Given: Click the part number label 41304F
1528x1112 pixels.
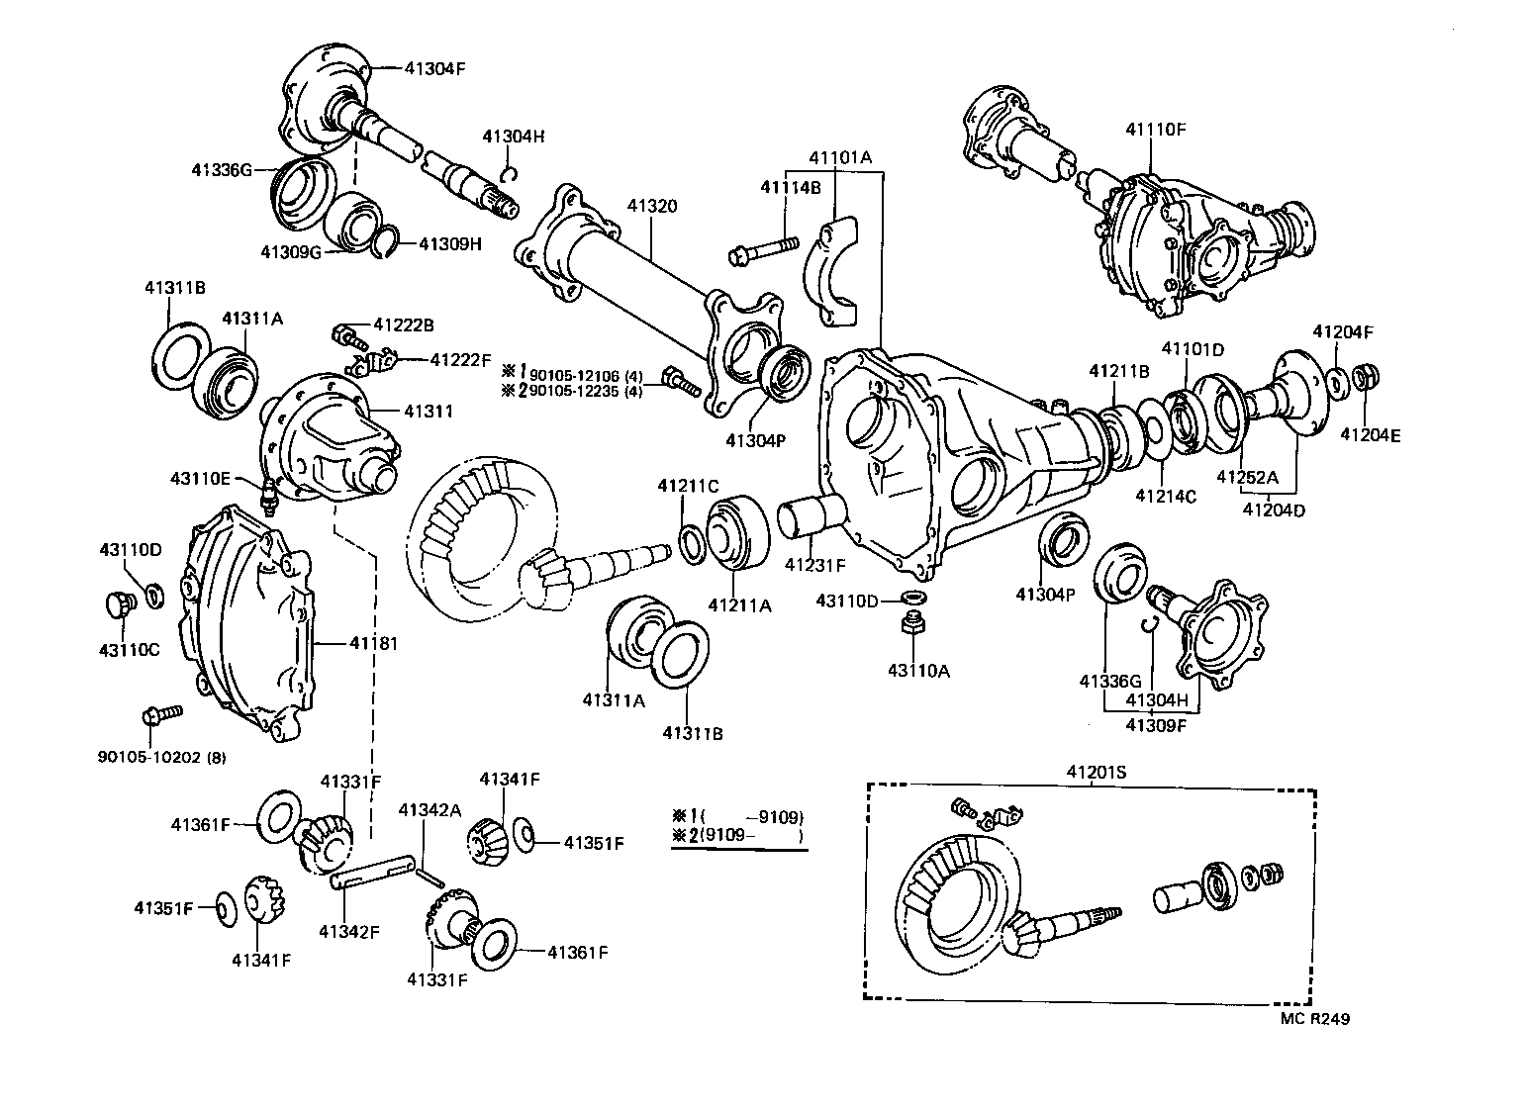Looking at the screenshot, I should point(434,68).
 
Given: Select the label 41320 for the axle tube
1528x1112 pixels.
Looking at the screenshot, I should point(652,206).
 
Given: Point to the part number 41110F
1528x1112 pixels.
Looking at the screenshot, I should point(1155,129).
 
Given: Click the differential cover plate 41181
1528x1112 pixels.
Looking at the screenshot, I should point(247,623).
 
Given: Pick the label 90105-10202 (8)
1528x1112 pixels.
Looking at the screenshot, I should point(161,757).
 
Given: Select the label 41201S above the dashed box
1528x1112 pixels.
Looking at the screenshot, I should point(1096,772).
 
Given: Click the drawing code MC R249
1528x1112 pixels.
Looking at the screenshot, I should point(1312,1019).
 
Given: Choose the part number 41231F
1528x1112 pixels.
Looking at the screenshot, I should point(815,565).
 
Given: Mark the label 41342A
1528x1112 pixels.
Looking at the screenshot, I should point(430,809).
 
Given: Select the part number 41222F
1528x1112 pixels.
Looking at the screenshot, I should point(460,360).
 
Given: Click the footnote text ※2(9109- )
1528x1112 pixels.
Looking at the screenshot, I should point(737,836).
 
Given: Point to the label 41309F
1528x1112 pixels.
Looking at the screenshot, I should point(1155,725).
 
